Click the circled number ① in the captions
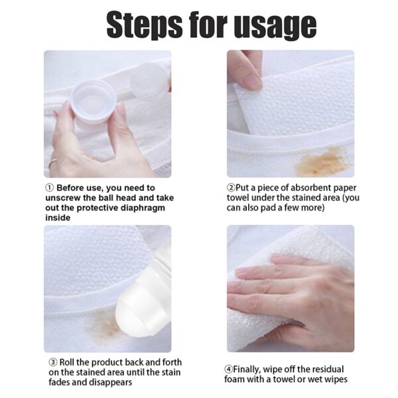50,188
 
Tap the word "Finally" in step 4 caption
251,369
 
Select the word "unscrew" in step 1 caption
64,198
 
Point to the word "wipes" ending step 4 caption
334,379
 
